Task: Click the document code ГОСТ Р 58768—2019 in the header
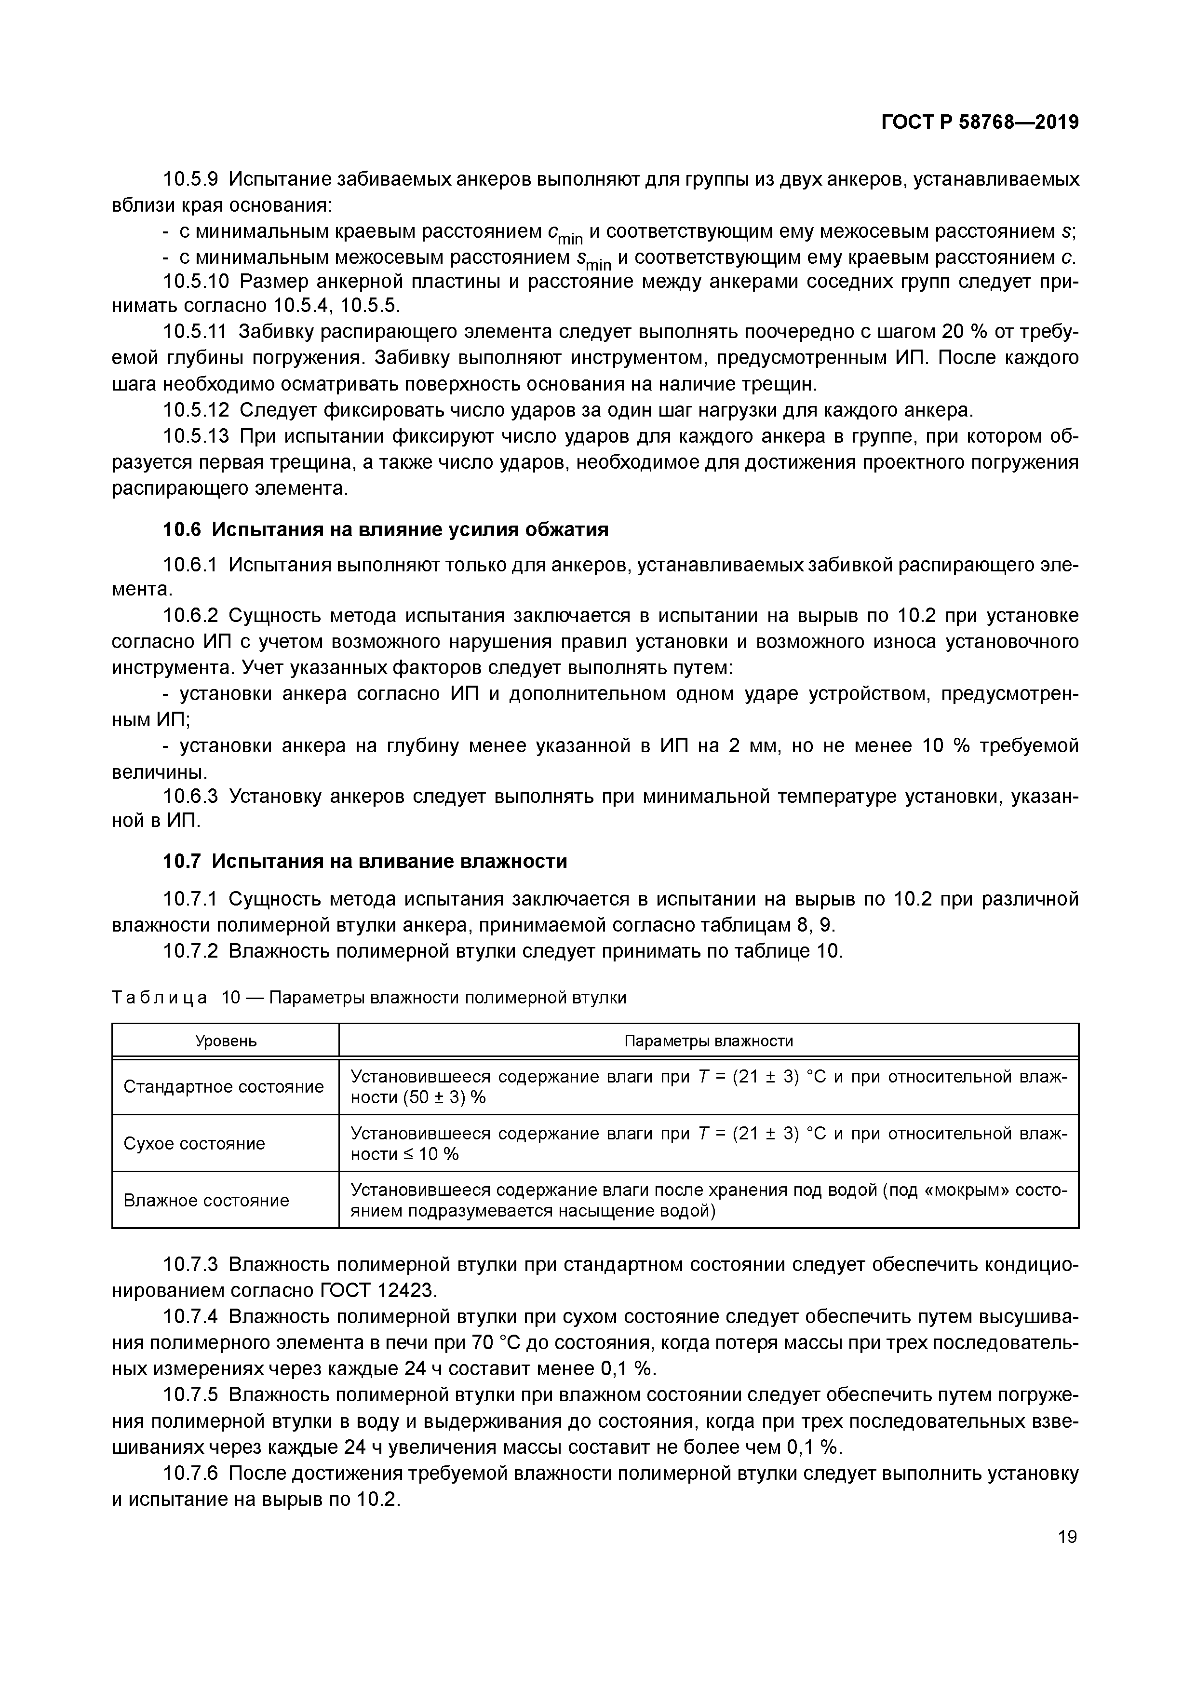pyautogui.click(x=980, y=122)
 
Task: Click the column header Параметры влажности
pyautogui.click(x=709, y=1041)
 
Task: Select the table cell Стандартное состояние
pyautogui.click(x=224, y=1087)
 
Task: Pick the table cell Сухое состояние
pyautogui.click(x=194, y=1144)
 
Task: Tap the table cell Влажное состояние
pyautogui.click(x=206, y=1201)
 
